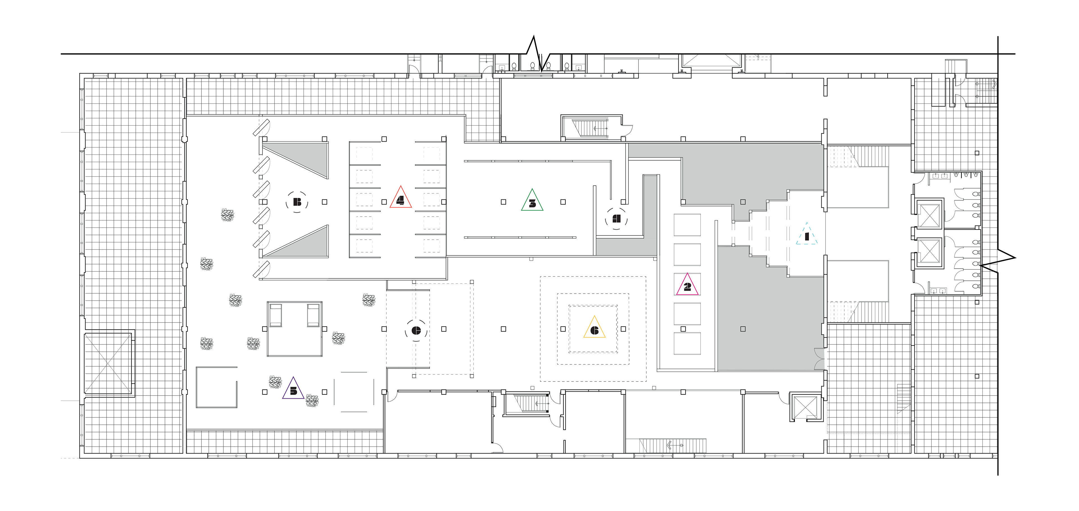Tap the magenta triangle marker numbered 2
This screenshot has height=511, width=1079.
point(687,286)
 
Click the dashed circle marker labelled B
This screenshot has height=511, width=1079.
point(297,202)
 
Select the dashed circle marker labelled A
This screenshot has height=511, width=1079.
point(616,219)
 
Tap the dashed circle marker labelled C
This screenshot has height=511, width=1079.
point(416,330)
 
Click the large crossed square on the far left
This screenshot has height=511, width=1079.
point(108,363)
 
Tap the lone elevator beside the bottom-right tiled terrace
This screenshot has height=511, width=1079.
point(805,406)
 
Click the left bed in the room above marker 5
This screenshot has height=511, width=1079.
point(275,315)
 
